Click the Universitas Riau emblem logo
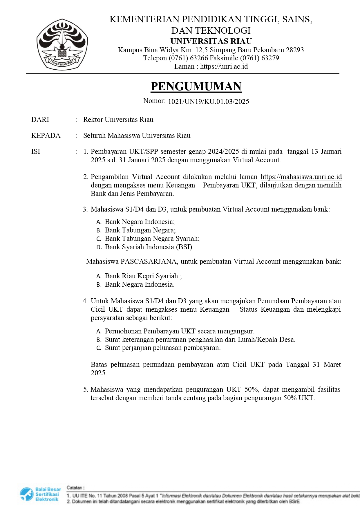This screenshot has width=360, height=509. click(x=62, y=44)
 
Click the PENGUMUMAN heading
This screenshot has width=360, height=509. click(x=196, y=86)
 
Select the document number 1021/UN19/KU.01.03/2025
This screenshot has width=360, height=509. click(x=209, y=102)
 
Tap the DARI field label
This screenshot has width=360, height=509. click(x=40, y=120)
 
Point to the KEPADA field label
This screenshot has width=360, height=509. click(x=46, y=136)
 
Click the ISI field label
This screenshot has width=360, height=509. click(x=36, y=151)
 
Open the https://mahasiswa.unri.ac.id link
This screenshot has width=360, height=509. click(x=301, y=177)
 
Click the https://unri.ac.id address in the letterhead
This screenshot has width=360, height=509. click(x=224, y=66)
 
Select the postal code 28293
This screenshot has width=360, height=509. click(x=295, y=50)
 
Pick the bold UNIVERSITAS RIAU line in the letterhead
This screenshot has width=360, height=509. click(x=211, y=41)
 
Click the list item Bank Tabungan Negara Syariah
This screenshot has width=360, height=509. click(x=152, y=239)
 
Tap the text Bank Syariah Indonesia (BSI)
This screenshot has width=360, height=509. click(x=149, y=247)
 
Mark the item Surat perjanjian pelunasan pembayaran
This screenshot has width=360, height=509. click(x=162, y=348)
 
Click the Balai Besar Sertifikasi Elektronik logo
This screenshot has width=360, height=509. click(x=40, y=494)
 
